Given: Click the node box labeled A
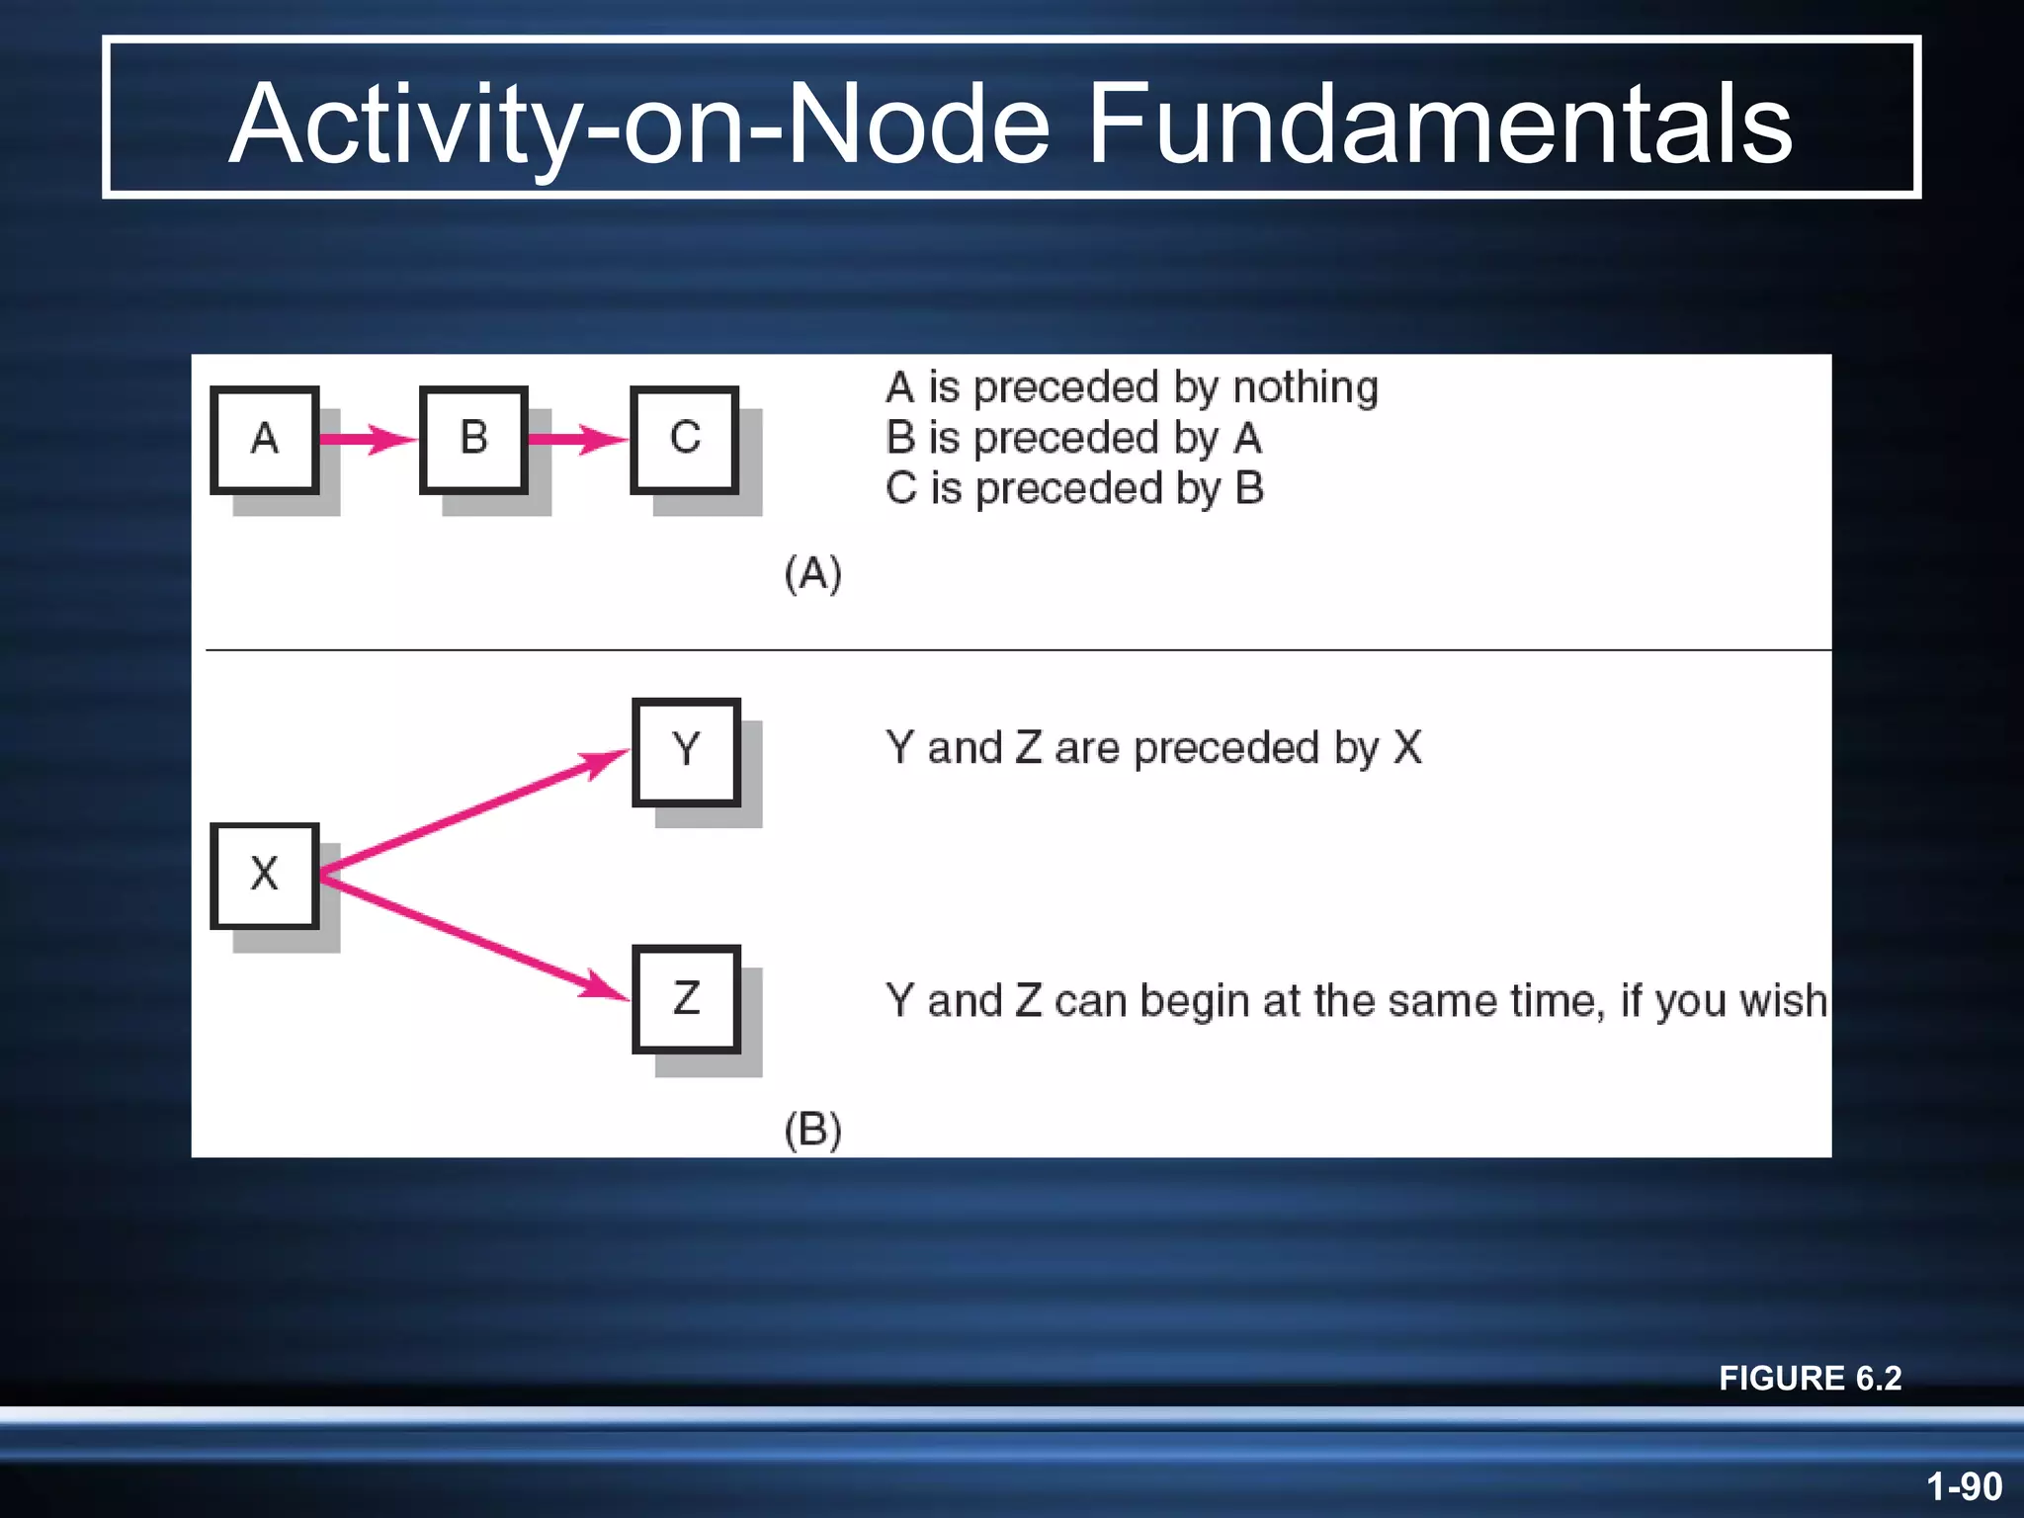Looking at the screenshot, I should [x=264, y=439].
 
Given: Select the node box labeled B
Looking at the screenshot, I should [x=473, y=439].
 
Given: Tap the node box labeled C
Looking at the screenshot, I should [x=684, y=439].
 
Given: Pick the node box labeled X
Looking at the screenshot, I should [x=264, y=875].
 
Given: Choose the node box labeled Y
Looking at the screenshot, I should [x=686, y=751].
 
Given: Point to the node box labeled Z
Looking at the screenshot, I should [x=686, y=998].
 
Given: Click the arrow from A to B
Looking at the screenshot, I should [x=368, y=439].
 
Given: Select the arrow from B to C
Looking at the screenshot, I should [x=577, y=439].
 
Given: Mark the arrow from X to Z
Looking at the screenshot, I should [x=474, y=937].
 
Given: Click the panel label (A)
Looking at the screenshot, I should [x=812, y=573].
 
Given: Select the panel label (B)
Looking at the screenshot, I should [x=812, y=1130].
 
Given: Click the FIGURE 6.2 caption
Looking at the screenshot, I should [x=1810, y=1378].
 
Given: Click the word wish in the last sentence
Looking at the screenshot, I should [x=1783, y=1001].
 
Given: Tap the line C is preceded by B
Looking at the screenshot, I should [x=1074, y=489].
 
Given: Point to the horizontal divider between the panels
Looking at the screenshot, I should [x=1018, y=650].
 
